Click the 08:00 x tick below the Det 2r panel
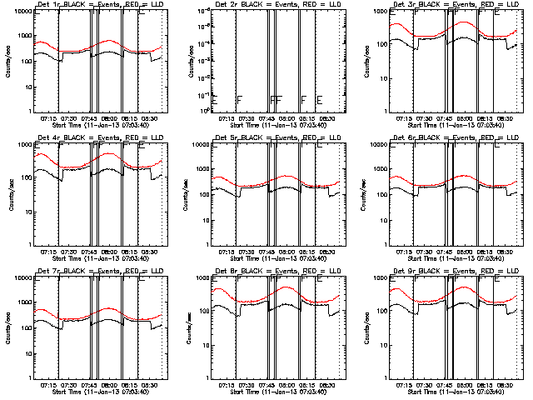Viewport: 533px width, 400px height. click(287, 118)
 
